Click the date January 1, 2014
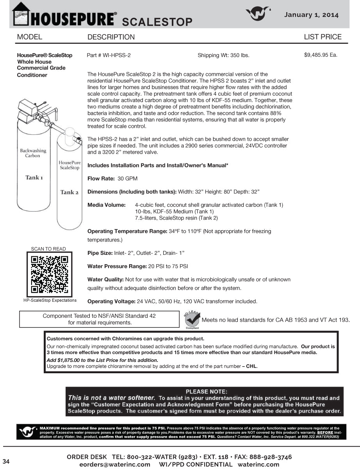pos(311,15)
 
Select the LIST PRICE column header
pos(323,37)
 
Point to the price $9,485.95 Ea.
pos(320,55)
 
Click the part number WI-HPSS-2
pos(109,55)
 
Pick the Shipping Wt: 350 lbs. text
pos(223,55)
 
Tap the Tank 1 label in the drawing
pos(34,177)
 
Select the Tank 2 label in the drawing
pos(69,192)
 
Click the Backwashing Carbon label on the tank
pos(33,153)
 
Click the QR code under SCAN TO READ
pos(49,274)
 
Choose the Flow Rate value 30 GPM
pos(127,179)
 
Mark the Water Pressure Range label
pos(117,266)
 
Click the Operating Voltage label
pos(111,301)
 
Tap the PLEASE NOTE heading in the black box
pos(206,391)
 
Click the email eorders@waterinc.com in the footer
pos(114,464)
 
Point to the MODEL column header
pos(29,37)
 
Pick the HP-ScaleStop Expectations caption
pos(50,301)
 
